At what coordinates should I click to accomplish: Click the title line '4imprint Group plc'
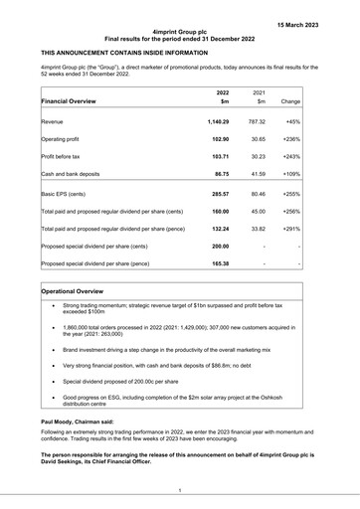(x=180, y=32)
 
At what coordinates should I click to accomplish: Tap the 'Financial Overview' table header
(x=77, y=101)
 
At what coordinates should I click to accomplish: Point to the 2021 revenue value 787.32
(x=257, y=122)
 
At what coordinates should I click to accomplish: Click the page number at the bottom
(x=180, y=490)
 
